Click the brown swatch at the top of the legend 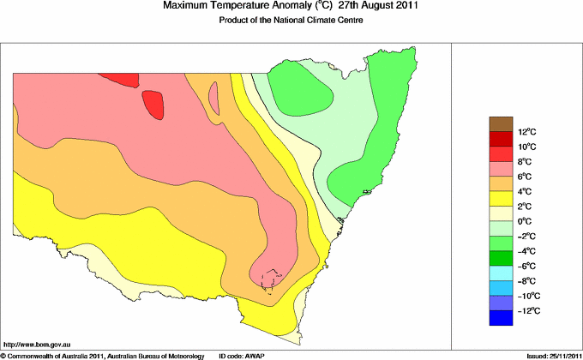pyautogui.click(x=500, y=123)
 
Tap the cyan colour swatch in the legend pyautogui.click(x=500, y=273)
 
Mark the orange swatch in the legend pyautogui.click(x=500, y=183)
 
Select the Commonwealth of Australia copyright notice pyautogui.click(x=103, y=355)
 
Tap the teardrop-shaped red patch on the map pyautogui.click(x=155, y=105)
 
